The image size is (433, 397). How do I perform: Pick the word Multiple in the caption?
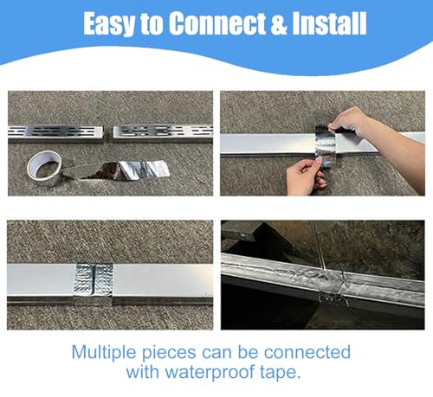click(x=107, y=352)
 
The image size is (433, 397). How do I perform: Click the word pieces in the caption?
click(x=175, y=353)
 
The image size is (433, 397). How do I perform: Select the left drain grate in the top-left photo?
click(x=55, y=132)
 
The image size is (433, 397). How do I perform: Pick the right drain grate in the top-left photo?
click(x=161, y=131)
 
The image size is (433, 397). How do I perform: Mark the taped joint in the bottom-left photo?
click(x=98, y=282)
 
